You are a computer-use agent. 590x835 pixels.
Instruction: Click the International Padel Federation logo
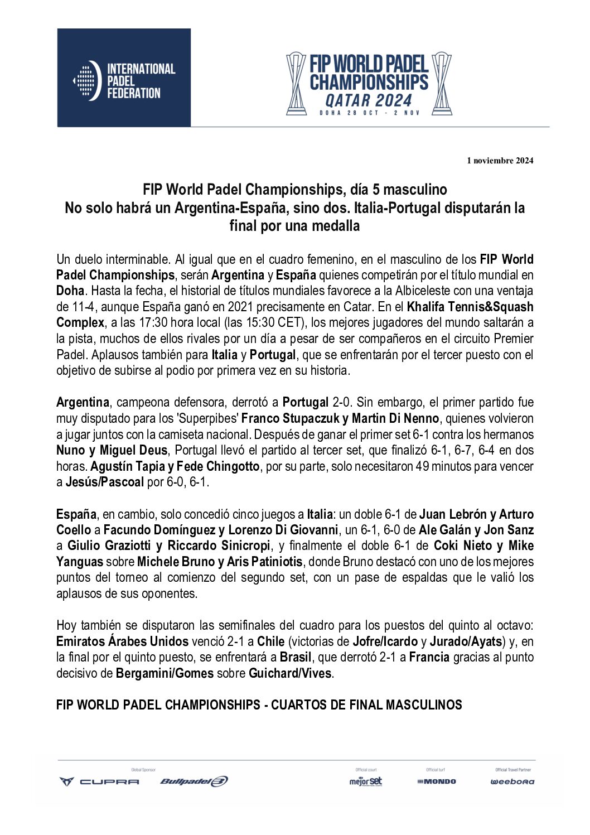coord(124,78)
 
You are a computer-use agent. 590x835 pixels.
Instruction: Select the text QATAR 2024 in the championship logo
coord(369,100)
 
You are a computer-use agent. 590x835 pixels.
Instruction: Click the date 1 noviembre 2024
coord(500,161)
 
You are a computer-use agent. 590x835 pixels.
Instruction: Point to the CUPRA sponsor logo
coord(100,781)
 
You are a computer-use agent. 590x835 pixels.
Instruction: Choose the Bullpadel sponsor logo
coord(194,781)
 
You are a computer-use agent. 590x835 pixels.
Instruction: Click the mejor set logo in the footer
coord(366,781)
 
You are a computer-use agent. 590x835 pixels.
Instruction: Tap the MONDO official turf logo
coord(437,781)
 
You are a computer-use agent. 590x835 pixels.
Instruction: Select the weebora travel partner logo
coord(512,781)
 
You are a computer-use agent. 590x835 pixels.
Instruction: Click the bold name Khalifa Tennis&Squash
coord(470,307)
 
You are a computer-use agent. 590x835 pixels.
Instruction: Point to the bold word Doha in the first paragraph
coord(70,291)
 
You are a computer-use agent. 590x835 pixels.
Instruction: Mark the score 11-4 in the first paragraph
coord(83,307)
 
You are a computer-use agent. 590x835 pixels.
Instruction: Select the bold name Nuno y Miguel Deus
coord(112,450)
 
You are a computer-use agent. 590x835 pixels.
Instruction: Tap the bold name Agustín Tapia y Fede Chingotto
coord(175,466)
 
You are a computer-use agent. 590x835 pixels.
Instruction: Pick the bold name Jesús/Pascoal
coord(105,482)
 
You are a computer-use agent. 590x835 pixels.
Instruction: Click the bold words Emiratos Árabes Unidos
coord(122,641)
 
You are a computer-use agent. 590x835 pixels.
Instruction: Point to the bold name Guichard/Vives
coord(291,673)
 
